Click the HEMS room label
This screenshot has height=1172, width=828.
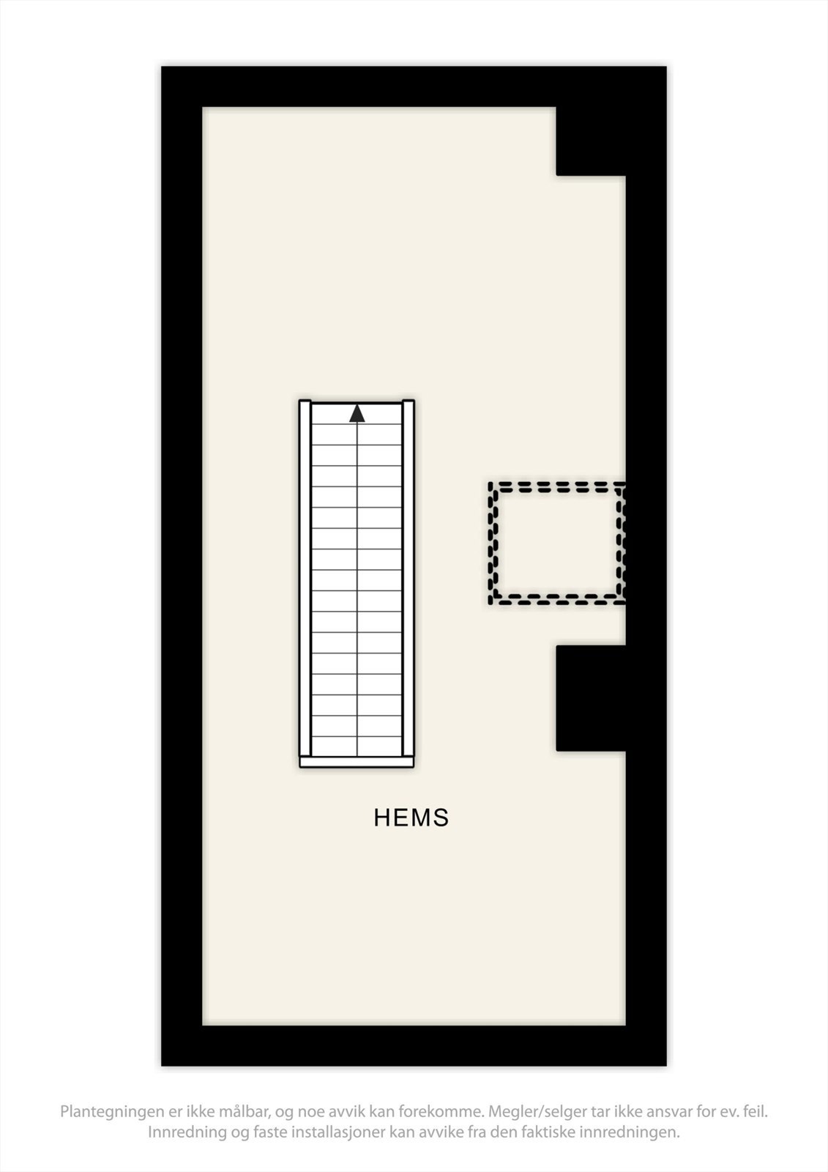(411, 817)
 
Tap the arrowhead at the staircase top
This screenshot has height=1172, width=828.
(357, 414)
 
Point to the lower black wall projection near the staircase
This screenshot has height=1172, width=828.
(591, 697)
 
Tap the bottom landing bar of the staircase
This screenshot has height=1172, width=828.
(357, 763)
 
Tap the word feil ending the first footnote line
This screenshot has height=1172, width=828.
(755, 1112)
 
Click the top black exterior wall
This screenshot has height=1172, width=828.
(414, 86)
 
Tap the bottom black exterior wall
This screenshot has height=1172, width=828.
(414, 1045)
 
